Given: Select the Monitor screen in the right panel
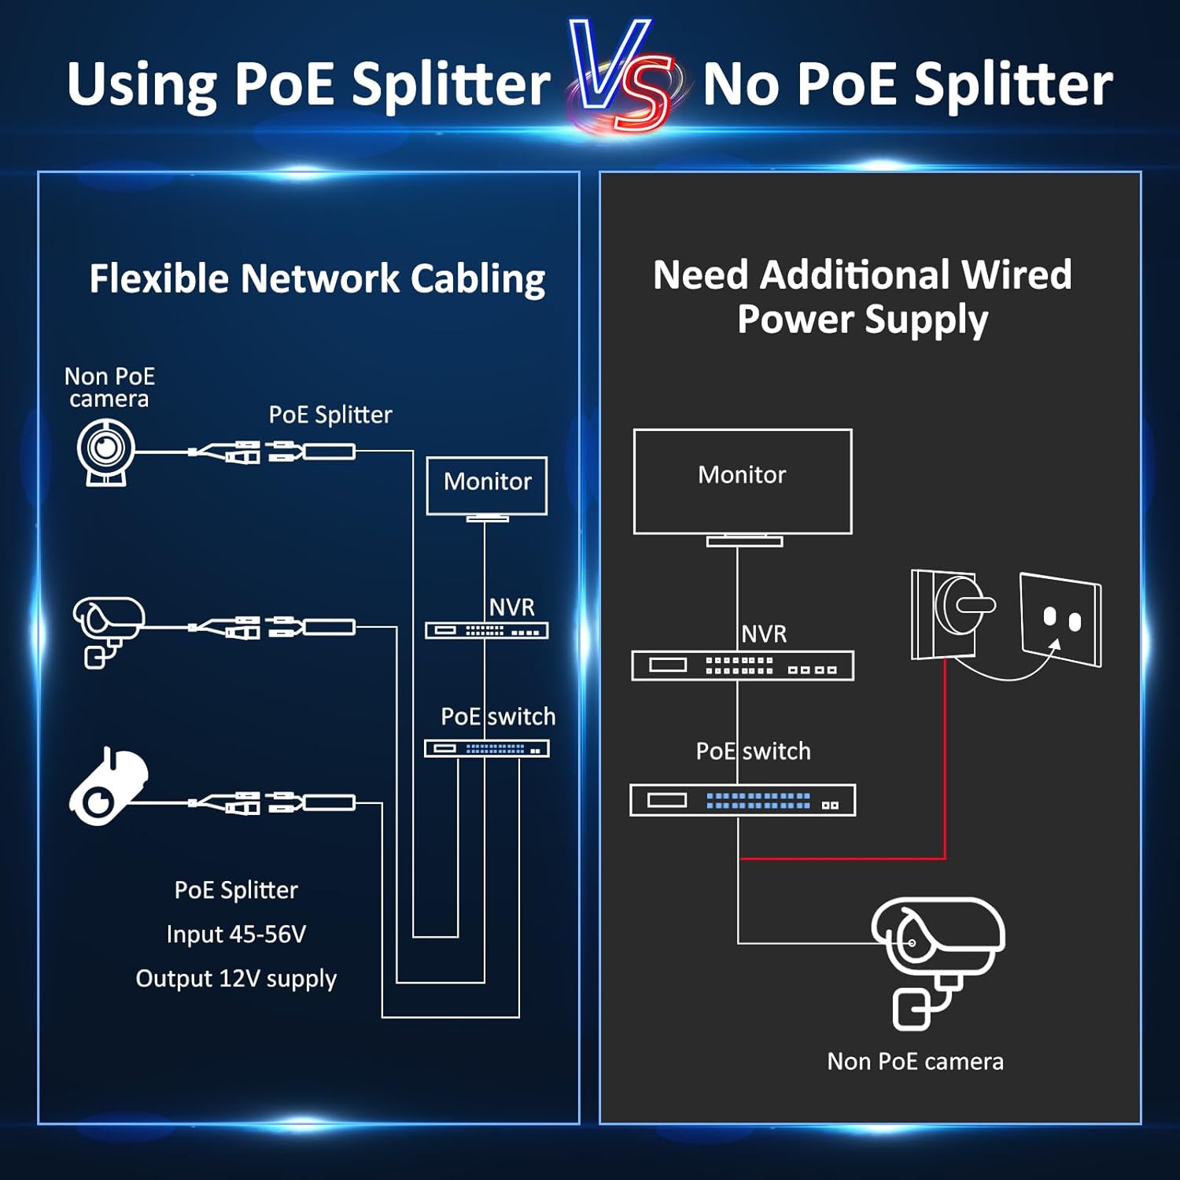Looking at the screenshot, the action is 743,481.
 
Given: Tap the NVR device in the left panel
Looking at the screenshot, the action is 487,630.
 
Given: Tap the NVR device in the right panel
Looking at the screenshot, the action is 743,666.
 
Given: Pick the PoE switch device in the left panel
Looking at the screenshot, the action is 487,749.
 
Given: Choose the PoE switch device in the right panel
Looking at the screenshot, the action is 743,800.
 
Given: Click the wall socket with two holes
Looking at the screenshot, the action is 1061,620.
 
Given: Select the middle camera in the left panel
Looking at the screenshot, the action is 108,629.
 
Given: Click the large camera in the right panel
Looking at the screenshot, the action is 936,956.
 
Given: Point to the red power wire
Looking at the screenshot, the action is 944,787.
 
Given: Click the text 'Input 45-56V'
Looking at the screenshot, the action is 236,934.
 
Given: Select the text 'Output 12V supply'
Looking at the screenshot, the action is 236,979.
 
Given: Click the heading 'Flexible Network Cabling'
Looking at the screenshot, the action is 317,278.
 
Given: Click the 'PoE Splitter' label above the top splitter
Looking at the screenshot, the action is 330,415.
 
